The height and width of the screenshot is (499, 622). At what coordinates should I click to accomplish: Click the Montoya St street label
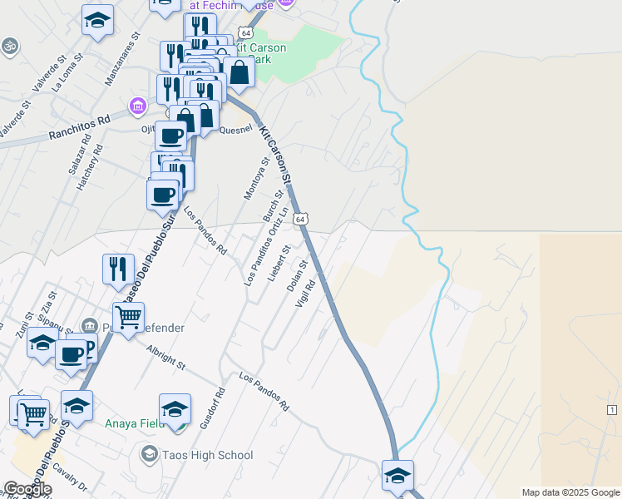(x=255, y=180)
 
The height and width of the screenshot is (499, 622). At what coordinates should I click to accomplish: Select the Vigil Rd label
(x=305, y=294)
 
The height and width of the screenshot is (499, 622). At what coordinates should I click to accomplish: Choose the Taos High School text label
(x=208, y=455)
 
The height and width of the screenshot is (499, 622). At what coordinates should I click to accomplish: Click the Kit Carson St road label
(x=276, y=155)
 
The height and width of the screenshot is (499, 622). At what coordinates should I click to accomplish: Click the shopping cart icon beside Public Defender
(x=128, y=316)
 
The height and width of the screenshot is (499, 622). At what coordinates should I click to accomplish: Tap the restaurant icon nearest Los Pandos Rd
(x=118, y=268)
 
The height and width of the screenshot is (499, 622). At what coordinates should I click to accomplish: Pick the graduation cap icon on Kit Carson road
(x=397, y=476)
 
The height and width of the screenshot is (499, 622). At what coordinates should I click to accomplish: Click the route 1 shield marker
(x=611, y=411)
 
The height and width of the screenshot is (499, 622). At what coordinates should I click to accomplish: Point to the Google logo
(x=27, y=489)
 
